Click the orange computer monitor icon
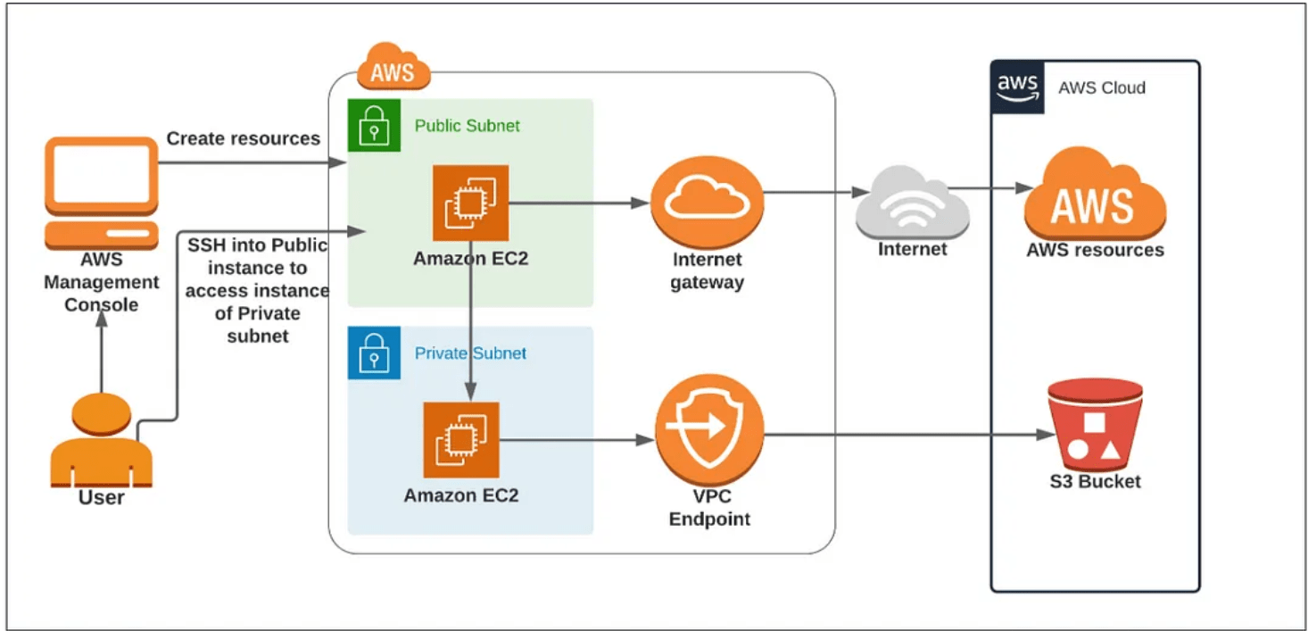101,192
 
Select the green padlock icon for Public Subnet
373,126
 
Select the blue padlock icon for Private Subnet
373,353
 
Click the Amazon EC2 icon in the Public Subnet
470,203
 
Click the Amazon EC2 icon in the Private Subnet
460,440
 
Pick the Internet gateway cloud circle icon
707,203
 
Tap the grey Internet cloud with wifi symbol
912,201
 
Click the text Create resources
243,138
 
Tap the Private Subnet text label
470,353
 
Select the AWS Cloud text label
1101,88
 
